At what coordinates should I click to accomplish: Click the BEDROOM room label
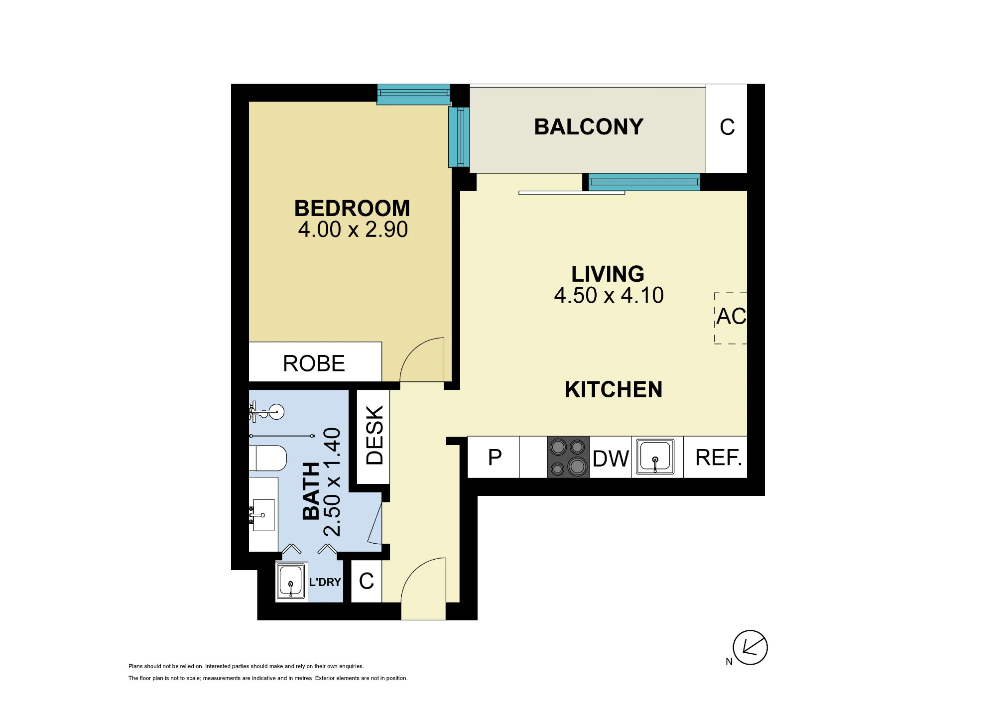pyautogui.click(x=352, y=208)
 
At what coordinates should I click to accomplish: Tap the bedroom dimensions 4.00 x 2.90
pyautogui.click(x=353, y=230)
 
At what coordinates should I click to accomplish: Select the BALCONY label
pyautogui.click(x=589, y=127)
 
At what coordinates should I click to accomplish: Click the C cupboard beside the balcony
pyautogui.click(x=727, y=128)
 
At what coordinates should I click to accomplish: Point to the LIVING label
pyautogui.click(x=608, y=274)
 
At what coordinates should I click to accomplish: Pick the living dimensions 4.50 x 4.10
pyautogui.click(x=609, y=295)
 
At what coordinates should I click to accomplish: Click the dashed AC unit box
pyautogui.click(x=731, y=318)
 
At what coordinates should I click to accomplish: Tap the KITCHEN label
pyautogui.click(x=614, y=389)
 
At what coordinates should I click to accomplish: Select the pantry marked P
pyautogui.click(x=494, y=457)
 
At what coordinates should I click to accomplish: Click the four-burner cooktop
pyautogui.click(x=568, y=457)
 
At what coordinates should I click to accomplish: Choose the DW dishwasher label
pyautogui.click(x=611, y=459)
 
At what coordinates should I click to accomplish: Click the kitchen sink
pyautogui.click(x=655, y=457)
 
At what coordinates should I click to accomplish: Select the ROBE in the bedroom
pyautogui.click(x=315, y=362)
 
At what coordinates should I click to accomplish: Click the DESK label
pyautogui.click(x=374, y=435)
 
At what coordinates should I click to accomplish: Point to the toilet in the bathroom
pyautogui.click(x=268, y=458)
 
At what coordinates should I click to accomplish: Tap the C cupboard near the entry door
pyautogui.click(x=367, y=581)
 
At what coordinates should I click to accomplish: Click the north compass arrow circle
pyautogui.click(x=750, y=647)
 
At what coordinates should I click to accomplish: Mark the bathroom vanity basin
pyautogui.click(x=263, y=515)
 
